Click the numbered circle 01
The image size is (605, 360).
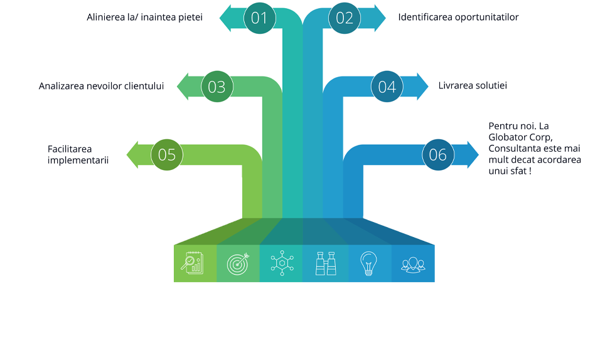(259, 18)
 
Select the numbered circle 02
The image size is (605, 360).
(345, 18)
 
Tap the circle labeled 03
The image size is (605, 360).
(217, 87)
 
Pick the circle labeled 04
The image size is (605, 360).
(387, 87)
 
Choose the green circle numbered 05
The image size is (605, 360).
(167, 154)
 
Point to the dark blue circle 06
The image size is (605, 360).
(438, 154)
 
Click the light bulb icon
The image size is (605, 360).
(368, 263)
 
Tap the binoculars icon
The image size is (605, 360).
(326, 263)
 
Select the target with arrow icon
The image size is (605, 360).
(238, 263)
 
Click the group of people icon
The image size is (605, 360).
(412, 263)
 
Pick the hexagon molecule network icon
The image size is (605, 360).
(282, 263)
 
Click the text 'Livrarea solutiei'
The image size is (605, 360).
(473, 85)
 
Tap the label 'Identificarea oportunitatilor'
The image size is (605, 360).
(458, 17)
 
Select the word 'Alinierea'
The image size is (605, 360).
(106, 17)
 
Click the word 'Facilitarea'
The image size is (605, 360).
(70, 149)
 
